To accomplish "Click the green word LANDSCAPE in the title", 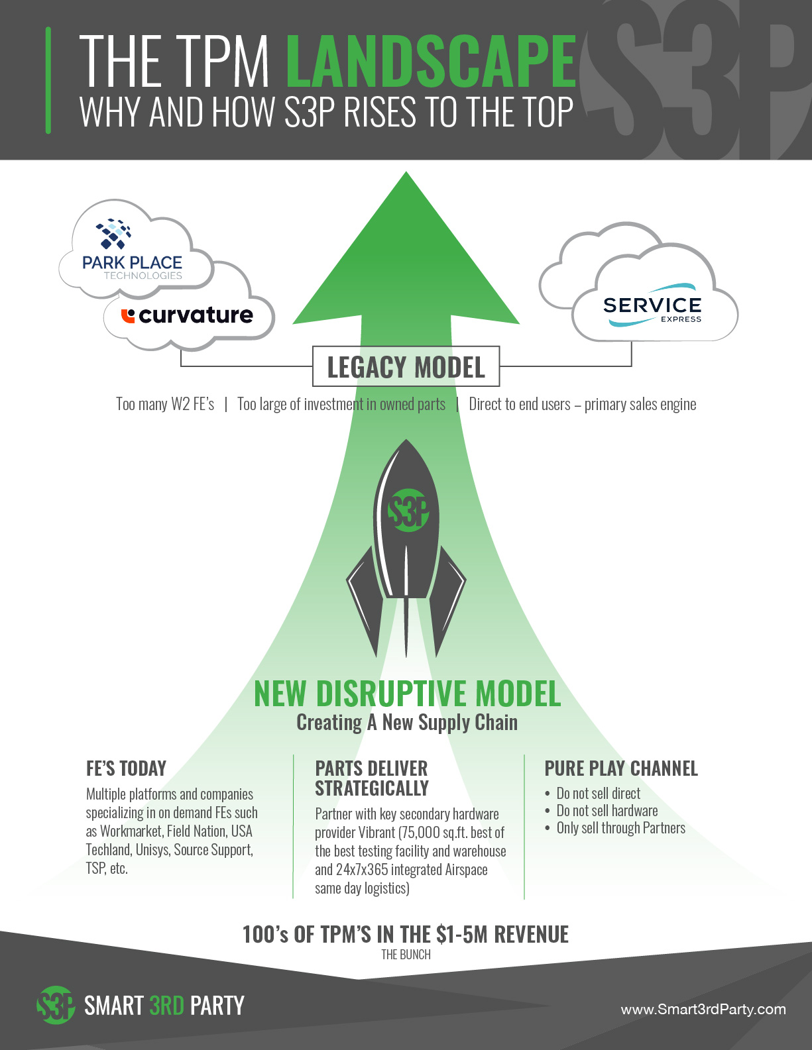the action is (431, 62).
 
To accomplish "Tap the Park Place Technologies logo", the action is (132, 249).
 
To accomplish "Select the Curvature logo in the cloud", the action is (187, 315).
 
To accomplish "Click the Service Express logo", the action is (652, 305).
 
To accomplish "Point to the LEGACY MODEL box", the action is (406, 366).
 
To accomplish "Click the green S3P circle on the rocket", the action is (408, 511).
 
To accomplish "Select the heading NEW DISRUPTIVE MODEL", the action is (408, 694).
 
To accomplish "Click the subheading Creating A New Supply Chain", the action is (407, 723).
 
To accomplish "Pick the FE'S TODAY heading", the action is (126, 768).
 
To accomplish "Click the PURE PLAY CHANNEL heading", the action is (621, 768).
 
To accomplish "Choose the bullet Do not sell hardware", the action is (607, 810).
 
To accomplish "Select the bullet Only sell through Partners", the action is (621, 828).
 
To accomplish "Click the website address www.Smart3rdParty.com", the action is (703, 1010).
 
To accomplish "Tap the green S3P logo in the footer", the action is (56, 1005).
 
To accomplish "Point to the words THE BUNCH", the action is (406, 955).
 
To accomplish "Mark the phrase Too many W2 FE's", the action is (165, 404).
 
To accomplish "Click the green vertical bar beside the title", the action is (48, 80).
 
